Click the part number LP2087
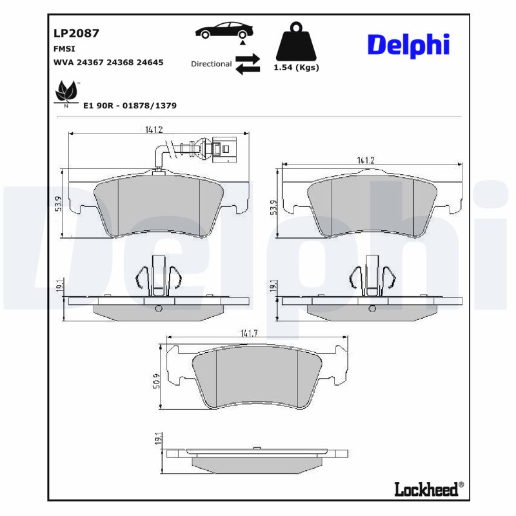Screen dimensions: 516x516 (x=75, y=34)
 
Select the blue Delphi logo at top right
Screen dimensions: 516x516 (x=408, y=45)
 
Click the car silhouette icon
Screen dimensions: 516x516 (x=224, y=30)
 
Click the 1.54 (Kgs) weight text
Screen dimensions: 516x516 (x=296, y=67)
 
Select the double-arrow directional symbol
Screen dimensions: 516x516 (x=247, y=64)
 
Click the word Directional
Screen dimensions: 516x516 (x=211, y=64)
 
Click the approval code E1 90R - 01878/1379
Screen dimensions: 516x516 (x=130, y=105)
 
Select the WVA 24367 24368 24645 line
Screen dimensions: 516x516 (x=107, y=63)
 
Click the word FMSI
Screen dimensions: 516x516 (x=63, y=48)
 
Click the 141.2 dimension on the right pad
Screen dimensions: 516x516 (x=366, y=160)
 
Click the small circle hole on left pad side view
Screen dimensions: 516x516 (x=159, y=308)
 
